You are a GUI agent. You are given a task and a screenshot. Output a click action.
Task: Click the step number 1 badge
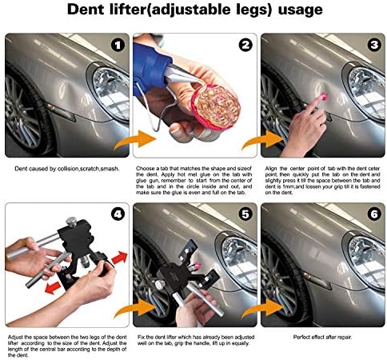pyautogui.click(x=118, y=46)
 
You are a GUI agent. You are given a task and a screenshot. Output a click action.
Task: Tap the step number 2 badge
pyautogui.click(x=245, y=46)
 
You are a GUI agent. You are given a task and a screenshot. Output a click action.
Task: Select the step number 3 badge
pyautogui.click(x=374, y=45)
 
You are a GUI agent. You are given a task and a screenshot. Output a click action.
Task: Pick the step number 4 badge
pyautogui.click(x=118, y=214)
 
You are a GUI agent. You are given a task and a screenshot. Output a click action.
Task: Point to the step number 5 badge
pyautogui.click(x=245, y=214)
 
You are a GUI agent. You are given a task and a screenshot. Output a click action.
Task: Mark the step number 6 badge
pyautogui.click(x=374, y=214)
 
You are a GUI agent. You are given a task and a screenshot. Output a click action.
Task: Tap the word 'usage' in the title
pyautogui.click(x=300, y=10)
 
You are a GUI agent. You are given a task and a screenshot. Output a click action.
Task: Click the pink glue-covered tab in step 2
pyautogui.click(x=216, y=106)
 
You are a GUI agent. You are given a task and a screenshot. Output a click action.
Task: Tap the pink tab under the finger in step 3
pyautogui.click(x=323, y=96)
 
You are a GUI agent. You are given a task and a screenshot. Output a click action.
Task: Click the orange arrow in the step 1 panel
pyautogui.click(x=135, y=140)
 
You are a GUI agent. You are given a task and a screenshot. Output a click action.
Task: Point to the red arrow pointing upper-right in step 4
pyautogui.click(x=119, y=258)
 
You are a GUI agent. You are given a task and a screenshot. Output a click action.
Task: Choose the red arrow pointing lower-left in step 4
pyautogui.click(x=53, y=288)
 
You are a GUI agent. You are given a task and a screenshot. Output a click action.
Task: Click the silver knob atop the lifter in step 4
pyautogui.click(x=71, y=222)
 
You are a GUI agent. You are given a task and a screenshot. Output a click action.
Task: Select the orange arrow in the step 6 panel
pyautogui.click(x=262, y=309)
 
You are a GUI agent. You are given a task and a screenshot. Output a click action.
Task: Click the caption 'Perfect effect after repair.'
pyautogui.click(x=322, y=337)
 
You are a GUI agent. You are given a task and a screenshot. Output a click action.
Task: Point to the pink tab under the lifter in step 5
pyautogui.click(x=197, y=265)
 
